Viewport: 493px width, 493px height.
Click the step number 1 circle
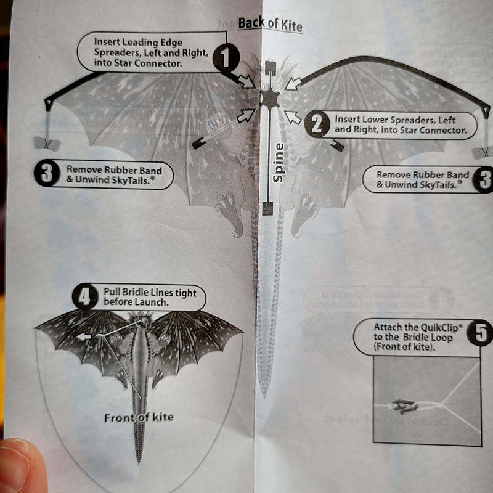click(226, 60)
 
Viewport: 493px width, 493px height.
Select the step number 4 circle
click(85, 298)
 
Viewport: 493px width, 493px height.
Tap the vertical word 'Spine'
click(278, 162)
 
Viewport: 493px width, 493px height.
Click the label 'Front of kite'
click(139, 417)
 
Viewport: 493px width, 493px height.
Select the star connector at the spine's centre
click(270, 98)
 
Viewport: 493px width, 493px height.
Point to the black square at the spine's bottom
click(267, 210)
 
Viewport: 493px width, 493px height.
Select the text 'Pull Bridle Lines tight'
click(150, 293)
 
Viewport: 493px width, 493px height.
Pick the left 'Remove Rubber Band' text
click(114, 170)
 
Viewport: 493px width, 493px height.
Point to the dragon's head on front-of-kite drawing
click(143, 323)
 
